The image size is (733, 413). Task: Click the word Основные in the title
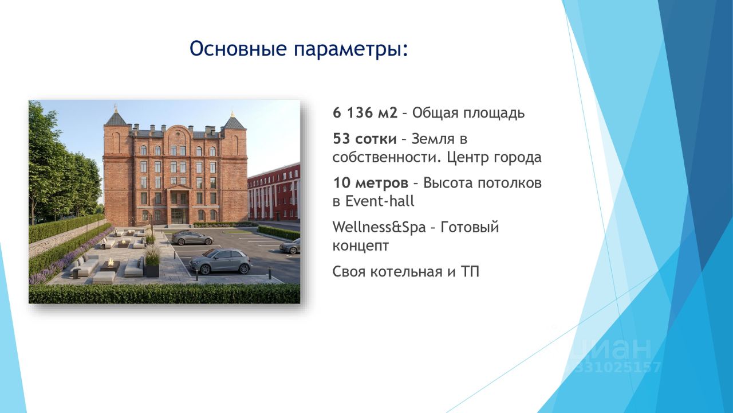tap(238, 49)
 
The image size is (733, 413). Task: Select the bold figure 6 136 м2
tap(365, 113)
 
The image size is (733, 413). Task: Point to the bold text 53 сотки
tap(365, 139)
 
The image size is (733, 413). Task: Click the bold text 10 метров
tap(371, 183)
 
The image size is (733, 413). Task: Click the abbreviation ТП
tap(470, 272)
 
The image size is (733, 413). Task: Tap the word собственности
tap(383, 158)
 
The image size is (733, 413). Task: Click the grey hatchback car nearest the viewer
tap(220, 262)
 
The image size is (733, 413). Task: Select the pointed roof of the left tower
tap(116, 116)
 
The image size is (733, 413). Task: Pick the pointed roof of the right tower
tap(232, 120)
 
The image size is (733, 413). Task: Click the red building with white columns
tap(274, 193)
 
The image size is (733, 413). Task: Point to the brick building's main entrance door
tap(178, 217)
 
